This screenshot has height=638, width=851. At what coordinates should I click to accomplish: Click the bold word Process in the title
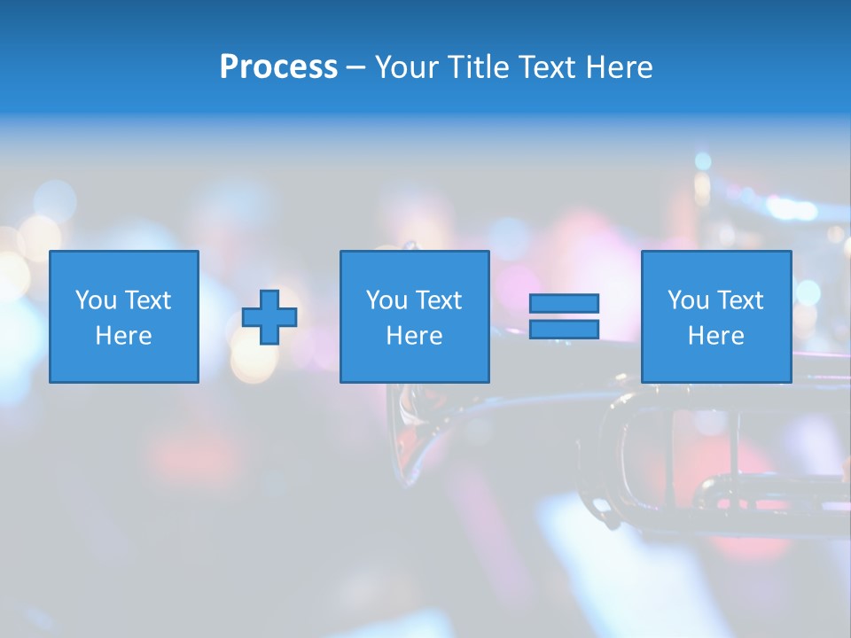[x=278, y=67]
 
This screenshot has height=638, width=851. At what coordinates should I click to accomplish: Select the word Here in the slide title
[x=620, y=67]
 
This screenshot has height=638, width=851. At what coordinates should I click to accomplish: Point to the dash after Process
[x=355, y=68]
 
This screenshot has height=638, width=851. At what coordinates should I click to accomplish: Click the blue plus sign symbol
[x=269, y=317]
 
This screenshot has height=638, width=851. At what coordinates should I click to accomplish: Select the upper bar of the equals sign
[x=564, y=303]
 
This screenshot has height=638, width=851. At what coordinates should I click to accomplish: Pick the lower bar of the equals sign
[x=564, y=330]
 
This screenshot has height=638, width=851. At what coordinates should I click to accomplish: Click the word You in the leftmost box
[x=96, y=300]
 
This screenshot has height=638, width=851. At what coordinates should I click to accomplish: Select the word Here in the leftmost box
[x=123, y=336]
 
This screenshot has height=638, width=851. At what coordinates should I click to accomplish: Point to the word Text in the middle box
[x=439, y=300]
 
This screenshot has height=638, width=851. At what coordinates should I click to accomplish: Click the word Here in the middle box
[x=414, y=336]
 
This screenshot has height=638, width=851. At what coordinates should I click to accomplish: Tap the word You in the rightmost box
[x=688, y=300]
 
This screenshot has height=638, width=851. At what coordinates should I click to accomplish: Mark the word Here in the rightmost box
[x=715, y=336]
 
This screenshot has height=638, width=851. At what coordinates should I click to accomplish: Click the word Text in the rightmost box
[x=740, y=300]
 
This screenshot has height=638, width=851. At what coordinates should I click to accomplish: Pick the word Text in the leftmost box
[x=148, y=300]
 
